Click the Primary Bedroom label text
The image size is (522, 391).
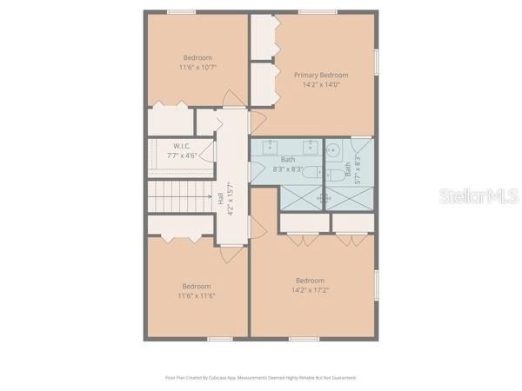tap(320, 75)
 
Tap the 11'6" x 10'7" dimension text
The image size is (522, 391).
tap(197, 67)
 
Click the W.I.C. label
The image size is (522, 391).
tap(181, 146)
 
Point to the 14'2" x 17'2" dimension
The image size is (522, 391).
tap(310, 290)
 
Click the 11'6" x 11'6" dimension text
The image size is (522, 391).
tap(197, 295)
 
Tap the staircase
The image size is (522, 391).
tap(179, 198)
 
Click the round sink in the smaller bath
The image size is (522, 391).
tap(333, 149)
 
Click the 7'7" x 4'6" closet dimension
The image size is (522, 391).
tap(182, 156)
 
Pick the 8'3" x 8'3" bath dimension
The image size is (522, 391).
tap(288, 169)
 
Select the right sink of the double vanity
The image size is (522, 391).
tap(308, 144)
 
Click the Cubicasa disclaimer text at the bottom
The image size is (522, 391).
tap(261, 378)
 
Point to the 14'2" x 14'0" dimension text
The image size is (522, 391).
tap(320, 85)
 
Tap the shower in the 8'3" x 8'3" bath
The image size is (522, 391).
tap(301, 198)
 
